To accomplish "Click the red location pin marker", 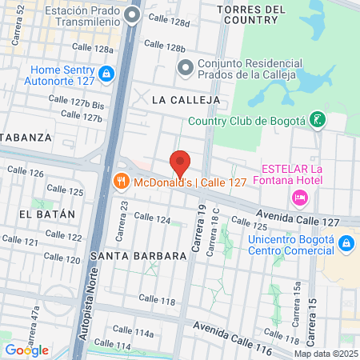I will tap(180, 163).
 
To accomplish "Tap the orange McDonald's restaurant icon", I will tap(122, 181).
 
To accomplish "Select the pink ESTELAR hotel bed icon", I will tap(300, 197).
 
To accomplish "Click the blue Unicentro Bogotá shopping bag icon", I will tap(346, 242).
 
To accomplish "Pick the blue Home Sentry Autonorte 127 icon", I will tap(106, 74).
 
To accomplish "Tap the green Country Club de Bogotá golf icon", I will tap(318, 120).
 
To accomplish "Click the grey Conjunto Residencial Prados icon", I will tap(186, 66).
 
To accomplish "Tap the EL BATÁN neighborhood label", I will tap(46, 214).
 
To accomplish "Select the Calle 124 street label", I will tap(152, 218).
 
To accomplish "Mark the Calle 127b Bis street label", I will tap(77, 104).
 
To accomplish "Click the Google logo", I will tap(26, 350).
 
